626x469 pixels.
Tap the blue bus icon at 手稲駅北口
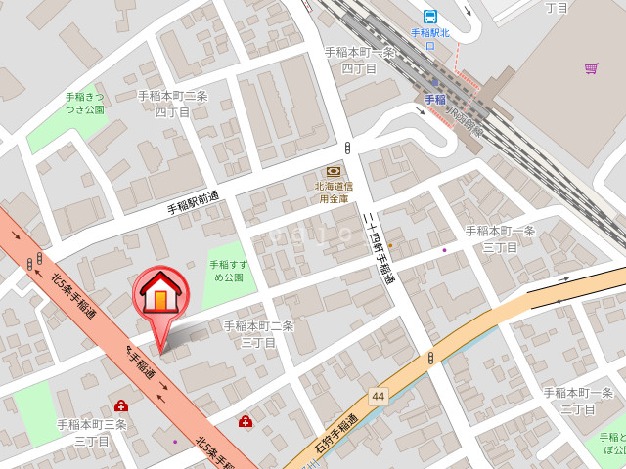(x=429, y=16)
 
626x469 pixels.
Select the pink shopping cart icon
(x=591, y=68)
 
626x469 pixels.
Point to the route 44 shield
(x=378, y=397)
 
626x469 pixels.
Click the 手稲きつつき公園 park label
(x=85, y=103)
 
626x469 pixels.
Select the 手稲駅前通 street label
(x=193, y=203)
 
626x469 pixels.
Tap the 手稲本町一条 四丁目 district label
(x=360, y=61)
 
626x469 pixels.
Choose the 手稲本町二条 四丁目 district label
(x=172, y=104)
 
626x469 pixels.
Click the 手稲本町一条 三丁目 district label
(x=500, y=238)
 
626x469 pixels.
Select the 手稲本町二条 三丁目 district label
(x=258, y=333)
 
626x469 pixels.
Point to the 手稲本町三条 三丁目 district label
(x=92, y=432)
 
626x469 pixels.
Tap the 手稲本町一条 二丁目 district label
(x=577, y=401)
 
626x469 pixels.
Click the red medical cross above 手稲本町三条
(x=120, y=405)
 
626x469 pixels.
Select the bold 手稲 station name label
(x=434, y=100)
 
